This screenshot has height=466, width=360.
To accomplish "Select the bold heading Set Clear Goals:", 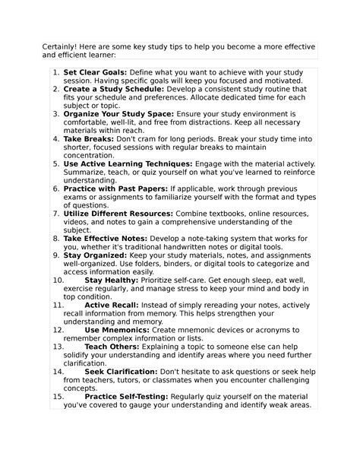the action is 96,71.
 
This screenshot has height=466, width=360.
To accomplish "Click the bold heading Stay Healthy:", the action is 110,281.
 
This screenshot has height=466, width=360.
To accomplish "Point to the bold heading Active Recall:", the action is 111,304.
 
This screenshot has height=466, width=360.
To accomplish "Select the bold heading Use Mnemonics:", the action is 114,331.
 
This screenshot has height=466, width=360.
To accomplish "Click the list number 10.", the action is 57,281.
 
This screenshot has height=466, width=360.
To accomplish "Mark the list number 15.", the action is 57,396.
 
